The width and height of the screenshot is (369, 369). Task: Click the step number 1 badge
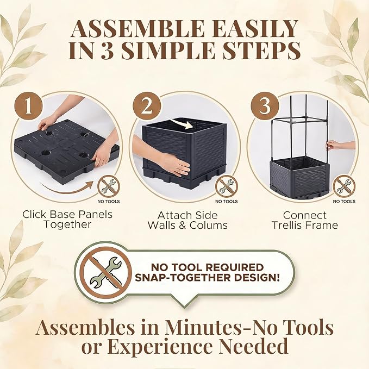[28, 106]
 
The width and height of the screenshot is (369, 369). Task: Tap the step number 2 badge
[147, 106]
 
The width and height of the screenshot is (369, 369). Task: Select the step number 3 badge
[265, 106]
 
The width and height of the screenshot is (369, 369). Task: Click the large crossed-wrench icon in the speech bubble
[105, 271]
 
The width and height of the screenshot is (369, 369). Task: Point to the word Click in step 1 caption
[34, 214]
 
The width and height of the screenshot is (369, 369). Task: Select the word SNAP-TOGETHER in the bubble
[179, 278]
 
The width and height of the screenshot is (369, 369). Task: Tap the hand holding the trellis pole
[332, 145]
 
